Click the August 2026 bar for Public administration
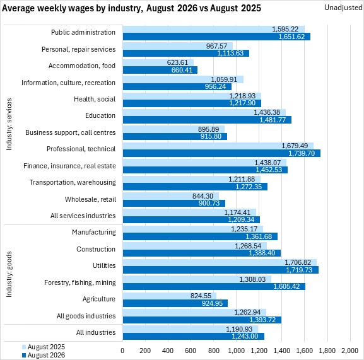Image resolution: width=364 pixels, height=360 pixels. (216, 37)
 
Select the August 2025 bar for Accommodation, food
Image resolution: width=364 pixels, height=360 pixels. (158, 62)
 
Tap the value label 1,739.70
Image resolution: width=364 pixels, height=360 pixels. (302, 153)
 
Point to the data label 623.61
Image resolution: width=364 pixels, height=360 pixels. (177, 62)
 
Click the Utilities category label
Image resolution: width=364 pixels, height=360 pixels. (104, 265)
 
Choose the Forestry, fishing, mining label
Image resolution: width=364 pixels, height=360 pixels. (80, 282)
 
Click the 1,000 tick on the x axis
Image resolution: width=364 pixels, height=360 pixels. (237, 351)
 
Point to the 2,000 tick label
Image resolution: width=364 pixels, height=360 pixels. (349, 351)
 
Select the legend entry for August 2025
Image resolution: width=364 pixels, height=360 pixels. (44, 347)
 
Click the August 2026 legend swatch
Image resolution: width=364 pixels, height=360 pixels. (24, 355)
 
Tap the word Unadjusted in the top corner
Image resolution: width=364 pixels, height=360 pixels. (343, 8)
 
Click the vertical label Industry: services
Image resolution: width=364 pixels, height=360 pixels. (9, 124)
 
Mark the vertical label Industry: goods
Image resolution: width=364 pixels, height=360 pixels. (9, 274)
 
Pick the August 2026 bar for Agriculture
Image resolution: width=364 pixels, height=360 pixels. (175, 303)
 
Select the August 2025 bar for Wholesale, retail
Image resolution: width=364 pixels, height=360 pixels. (171, 196)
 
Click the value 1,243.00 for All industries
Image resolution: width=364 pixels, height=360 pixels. (245, 336)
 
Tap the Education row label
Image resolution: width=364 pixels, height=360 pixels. (100, 115)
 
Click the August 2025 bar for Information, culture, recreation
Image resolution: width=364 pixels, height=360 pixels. (183, 79)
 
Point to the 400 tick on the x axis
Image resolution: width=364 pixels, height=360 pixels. (168, 351)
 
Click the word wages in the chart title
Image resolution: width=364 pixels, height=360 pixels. (53, 8)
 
